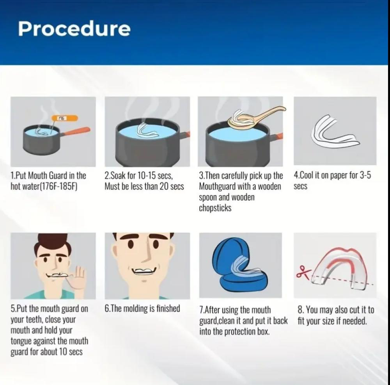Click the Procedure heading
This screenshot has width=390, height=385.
pos(74,29)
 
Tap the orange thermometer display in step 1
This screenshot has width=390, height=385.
pos(64,118)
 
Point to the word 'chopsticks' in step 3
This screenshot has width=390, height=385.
pos(215,208)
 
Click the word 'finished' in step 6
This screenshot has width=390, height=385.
pos(168,308)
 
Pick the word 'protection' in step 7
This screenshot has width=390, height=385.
pos(240,332)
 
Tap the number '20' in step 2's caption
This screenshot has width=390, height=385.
pos(164,187)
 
